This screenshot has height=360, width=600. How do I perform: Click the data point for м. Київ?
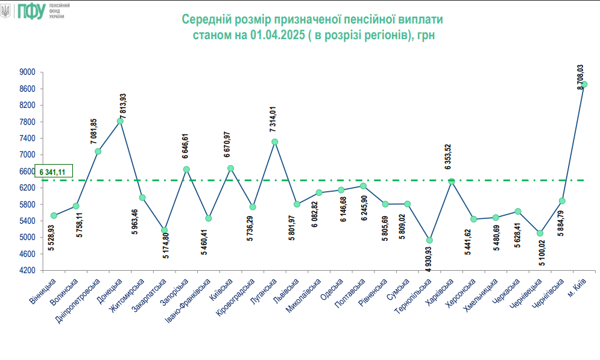[x=584, y=84]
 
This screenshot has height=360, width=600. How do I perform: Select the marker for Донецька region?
[x=120, y=121]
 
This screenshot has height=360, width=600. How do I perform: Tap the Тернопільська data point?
[x=429, y=240]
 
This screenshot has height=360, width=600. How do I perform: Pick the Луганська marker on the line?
[x=274, y=142]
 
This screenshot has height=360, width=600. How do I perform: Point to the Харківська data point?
[x=452, y=182]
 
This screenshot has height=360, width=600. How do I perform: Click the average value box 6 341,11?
[x=54, y=172]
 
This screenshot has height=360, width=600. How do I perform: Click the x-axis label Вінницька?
[x=45, y=291]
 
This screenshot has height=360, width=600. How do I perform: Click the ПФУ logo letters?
[x=30, y=10]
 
